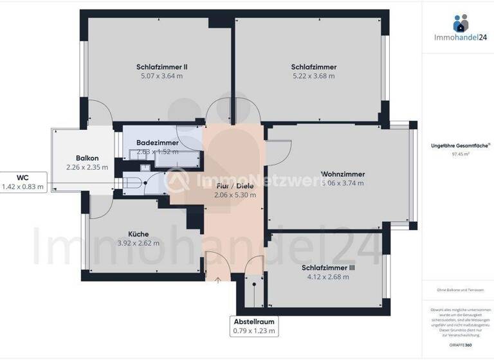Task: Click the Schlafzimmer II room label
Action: (161, 67)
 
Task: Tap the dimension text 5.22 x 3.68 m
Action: (313, 76)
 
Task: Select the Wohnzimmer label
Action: (343, 174)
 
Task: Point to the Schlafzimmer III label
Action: (328, 268)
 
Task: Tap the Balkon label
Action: (87, 158)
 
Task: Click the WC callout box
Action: (23, 182)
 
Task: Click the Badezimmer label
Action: (158, 143)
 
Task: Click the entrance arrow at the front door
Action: (217, 280)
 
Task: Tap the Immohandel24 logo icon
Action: (461, 23)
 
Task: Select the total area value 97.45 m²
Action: (461, 154)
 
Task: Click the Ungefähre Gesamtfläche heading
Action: (459, 146)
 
